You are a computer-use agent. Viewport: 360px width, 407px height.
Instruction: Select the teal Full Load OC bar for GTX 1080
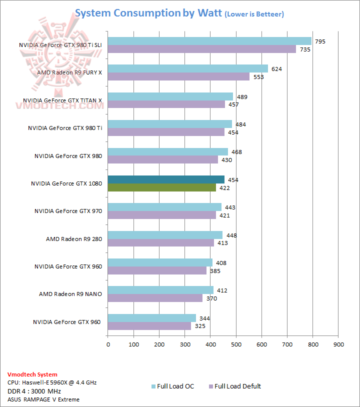167,179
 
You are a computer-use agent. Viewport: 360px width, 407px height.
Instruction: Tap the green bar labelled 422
162,187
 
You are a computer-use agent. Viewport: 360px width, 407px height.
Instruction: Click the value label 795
320,41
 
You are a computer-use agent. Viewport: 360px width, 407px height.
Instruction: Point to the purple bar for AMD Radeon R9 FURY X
178,76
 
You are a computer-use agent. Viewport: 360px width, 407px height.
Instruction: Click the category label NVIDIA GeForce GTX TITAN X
62,100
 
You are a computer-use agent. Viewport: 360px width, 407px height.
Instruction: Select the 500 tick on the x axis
236,344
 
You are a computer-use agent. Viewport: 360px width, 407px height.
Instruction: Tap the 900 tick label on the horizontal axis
338,344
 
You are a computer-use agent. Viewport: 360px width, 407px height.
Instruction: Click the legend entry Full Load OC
175,386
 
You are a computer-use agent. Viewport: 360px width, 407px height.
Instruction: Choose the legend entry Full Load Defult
237,386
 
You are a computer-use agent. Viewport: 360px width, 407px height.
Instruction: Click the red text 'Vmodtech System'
32,374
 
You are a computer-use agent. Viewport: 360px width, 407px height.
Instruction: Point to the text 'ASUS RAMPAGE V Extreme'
43,399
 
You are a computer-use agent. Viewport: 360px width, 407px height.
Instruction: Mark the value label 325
199,326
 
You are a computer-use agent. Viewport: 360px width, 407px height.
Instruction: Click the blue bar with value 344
152,318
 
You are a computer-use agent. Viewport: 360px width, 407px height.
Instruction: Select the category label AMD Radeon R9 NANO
70,294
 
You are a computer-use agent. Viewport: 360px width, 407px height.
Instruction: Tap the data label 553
258,77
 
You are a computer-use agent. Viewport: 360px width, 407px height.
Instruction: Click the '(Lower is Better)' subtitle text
254,14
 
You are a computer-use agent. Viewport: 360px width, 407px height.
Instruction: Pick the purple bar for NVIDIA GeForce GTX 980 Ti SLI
202,49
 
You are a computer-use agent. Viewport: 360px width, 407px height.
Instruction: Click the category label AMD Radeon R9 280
74,239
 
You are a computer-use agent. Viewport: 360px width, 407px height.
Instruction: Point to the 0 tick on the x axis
108,344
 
